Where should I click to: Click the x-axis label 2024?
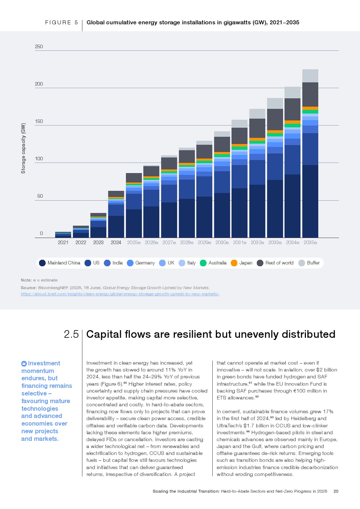tap(116, 242)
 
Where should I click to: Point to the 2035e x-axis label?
tap(310, 242)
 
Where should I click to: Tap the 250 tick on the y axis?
tap(39, 46)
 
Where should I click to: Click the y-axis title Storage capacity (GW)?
tap(24, 148)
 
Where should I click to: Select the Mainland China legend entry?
tap(60, 263)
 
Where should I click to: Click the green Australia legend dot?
tap(203, 263)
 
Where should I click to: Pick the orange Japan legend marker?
tap(234, 263)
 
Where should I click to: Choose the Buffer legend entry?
tap(309, 263)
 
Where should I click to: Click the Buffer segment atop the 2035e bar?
tap(310, 76)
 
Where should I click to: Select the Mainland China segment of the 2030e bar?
tap(222, 215)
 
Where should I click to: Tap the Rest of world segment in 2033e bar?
tap(275, 119)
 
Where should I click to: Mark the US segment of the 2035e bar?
tap(310, 149)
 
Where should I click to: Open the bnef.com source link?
tap(120, 294)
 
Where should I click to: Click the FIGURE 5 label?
tap(61, 22)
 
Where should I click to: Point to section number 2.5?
tap(71, 334)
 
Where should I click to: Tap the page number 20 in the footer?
tap(336, 491)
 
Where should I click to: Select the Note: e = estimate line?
tap(39, 280)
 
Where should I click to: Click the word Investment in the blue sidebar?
tap(44, 363)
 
